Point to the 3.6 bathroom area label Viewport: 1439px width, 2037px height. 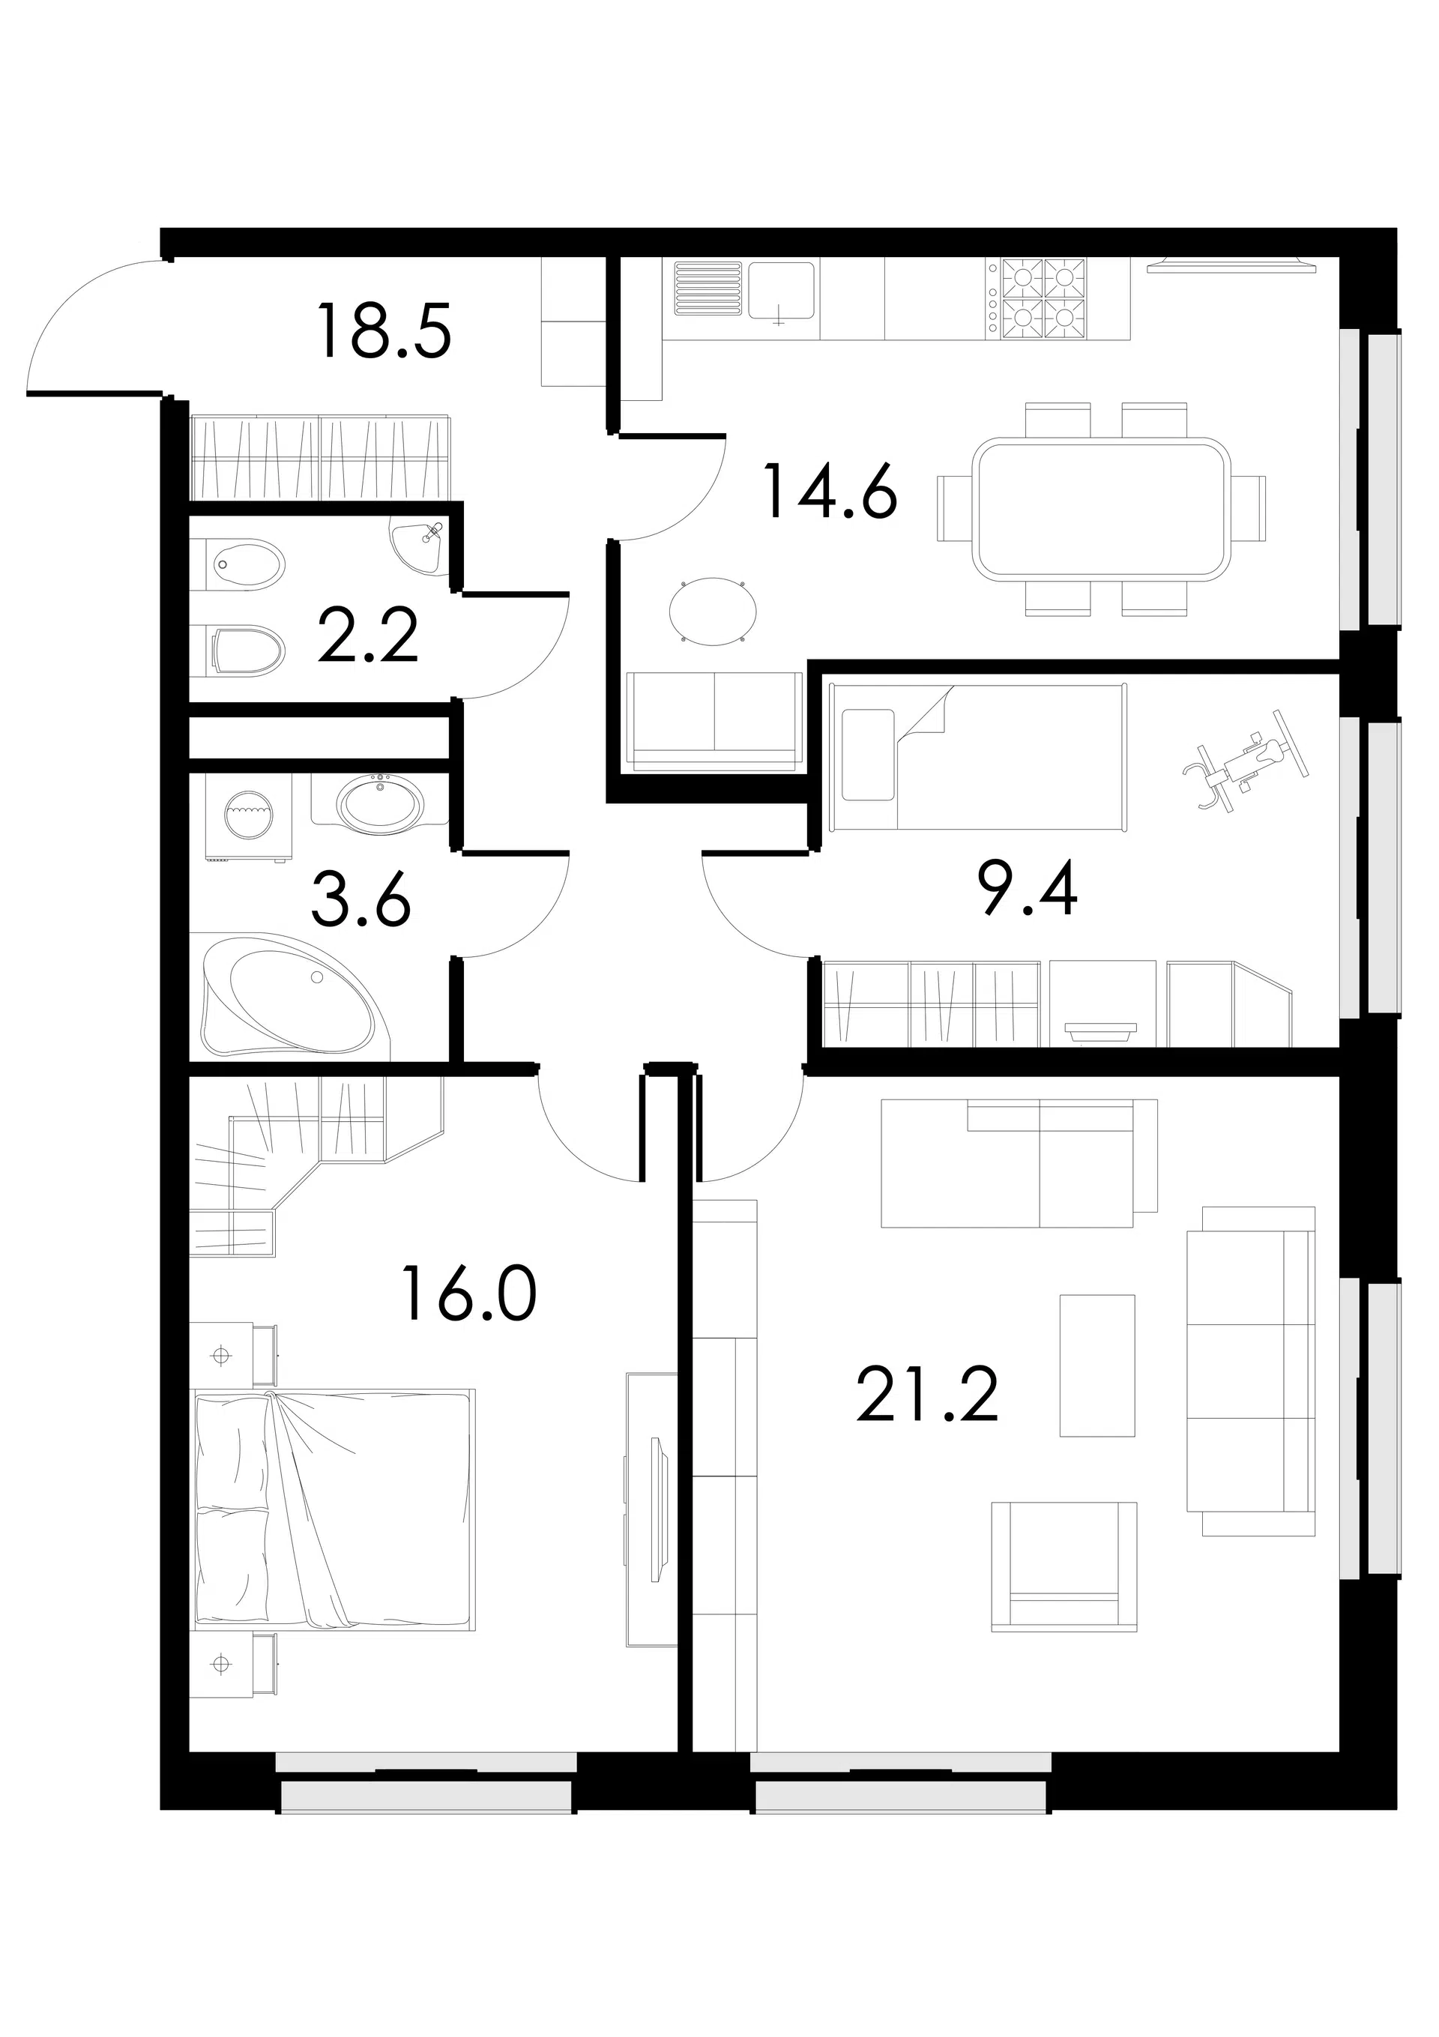362,899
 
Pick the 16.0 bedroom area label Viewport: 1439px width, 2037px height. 469,1293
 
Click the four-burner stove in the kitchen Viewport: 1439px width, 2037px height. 1043,299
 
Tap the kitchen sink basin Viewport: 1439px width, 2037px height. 781,290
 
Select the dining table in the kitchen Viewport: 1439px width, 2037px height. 1101,508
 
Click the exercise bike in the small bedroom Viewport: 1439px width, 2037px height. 1246,759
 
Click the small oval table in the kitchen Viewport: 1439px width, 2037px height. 713,609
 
